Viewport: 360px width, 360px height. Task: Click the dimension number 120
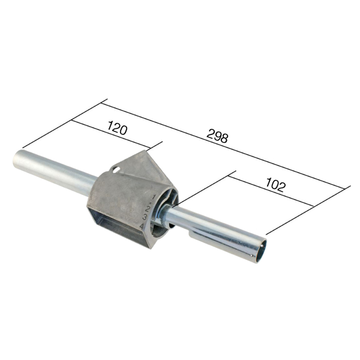coord(119,127)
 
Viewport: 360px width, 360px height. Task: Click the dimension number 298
coord(217,137)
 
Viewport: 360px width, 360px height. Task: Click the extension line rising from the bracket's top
coord(155,146)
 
